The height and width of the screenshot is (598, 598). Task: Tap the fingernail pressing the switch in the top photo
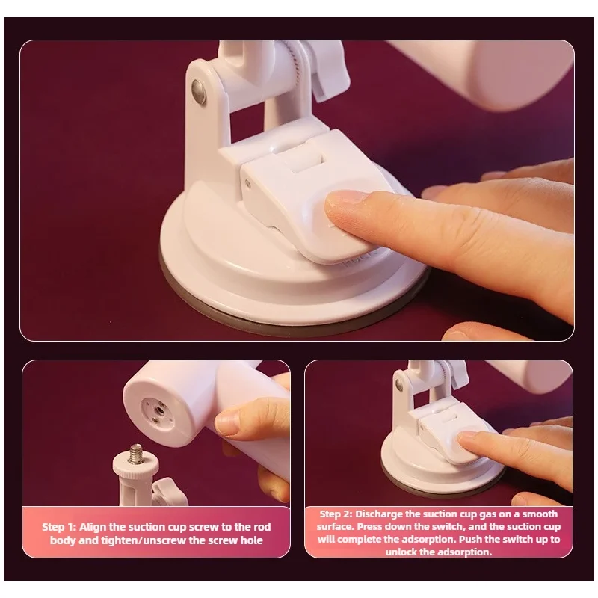pyautogui.click(x=342, y=201)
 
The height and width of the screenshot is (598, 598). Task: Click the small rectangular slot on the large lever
pyautogui.click(x=306, y=161)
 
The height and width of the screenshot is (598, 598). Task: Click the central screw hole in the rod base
pyautogui.click(x=158, y=410)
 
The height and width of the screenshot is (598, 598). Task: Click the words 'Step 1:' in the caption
pyautogui.click(x=59, y=527)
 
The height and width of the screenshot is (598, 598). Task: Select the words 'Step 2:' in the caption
pyautogui.click(x=336, y=514)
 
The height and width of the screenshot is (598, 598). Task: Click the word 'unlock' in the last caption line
pyautogui.click(x=401, y=552)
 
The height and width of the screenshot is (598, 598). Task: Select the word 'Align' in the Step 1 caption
pyautogui.click(x=93, y=527)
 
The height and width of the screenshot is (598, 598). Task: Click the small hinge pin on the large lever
pyautogui.click(x=248, y=185)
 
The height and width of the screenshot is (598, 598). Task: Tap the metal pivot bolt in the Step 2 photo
pyautogui.click(x=399, y=384)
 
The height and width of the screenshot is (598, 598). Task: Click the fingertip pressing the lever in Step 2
pyautogui.click(x=468, y=439)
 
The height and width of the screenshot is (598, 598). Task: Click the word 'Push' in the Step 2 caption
pyautogui.click(x=471, y=539)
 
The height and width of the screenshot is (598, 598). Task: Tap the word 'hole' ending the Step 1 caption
pyautogui.click(x=251, y=540)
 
